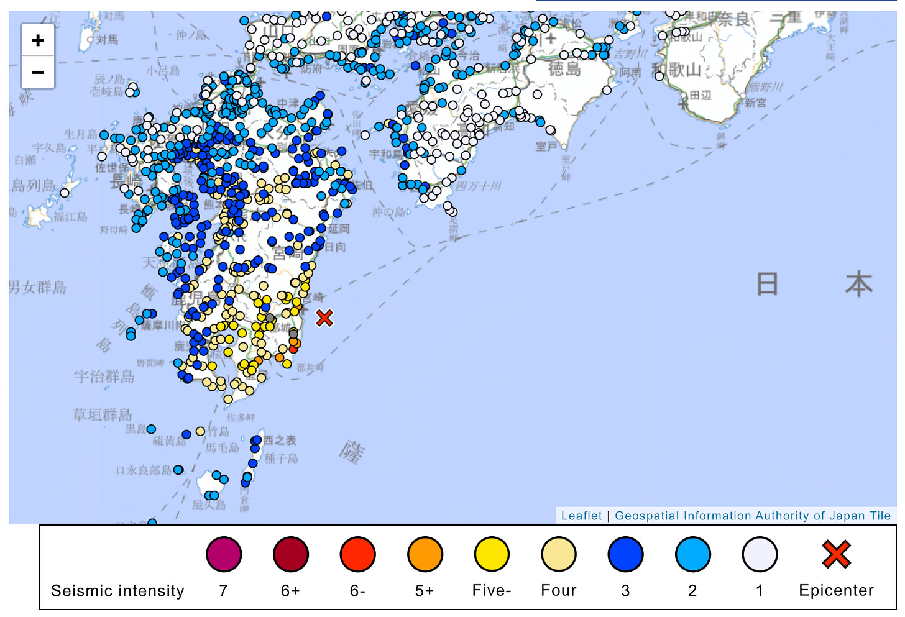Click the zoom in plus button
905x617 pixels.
tap(38, 41)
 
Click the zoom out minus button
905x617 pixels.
tap(38, 73)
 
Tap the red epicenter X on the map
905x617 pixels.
tap(324, 318)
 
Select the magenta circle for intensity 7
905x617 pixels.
tap(223, 554)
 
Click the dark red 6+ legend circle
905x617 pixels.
tap(290, 554)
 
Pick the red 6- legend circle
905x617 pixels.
tap(357, 554)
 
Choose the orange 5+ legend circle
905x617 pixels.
tap(425, 554)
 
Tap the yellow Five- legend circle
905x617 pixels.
tap(492, 554)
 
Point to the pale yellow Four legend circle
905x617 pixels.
tap(559, 554)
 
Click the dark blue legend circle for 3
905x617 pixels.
tap(625, 554)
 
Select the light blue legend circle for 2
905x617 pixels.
tap(692, 554)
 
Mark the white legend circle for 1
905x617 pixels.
tap(760, 554)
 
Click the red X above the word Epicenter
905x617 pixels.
tap(836, 554)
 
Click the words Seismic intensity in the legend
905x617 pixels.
tap(117, 590)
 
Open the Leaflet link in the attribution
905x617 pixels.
tap(581, 516)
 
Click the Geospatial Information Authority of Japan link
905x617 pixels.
tap(753, 516)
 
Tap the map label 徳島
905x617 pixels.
tap(564, 68)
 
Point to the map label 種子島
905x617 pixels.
tap(282, 459)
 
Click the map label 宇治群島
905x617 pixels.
tap(104, 377)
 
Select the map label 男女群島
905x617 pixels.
tap(38, 287)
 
